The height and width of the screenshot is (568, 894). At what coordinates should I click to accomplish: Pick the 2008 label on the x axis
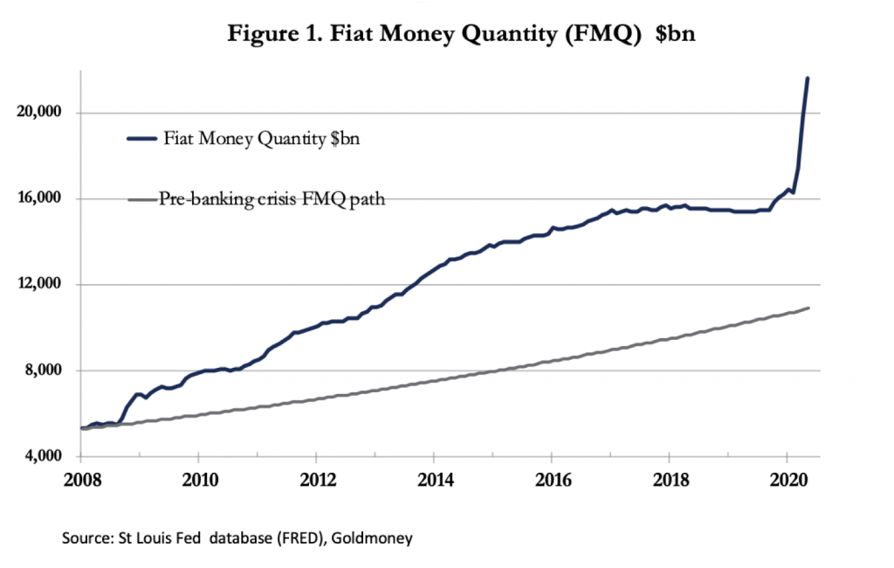click(80, 479)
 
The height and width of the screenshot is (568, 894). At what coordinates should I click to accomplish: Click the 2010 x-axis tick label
click(199, 479)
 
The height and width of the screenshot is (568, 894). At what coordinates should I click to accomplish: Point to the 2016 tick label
click(552, 479)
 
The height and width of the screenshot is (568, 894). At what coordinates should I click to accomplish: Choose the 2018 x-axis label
click(670, 479)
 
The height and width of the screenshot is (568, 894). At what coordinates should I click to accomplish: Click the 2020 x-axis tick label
click(787, 479)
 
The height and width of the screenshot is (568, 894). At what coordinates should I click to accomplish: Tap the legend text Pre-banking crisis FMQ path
click(272, 198)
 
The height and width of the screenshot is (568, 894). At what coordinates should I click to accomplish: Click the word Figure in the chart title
click(258, 36)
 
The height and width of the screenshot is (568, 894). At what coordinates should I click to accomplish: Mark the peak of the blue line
click(807, 79)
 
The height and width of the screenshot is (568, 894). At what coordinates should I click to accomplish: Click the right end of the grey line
click(808, 308)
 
